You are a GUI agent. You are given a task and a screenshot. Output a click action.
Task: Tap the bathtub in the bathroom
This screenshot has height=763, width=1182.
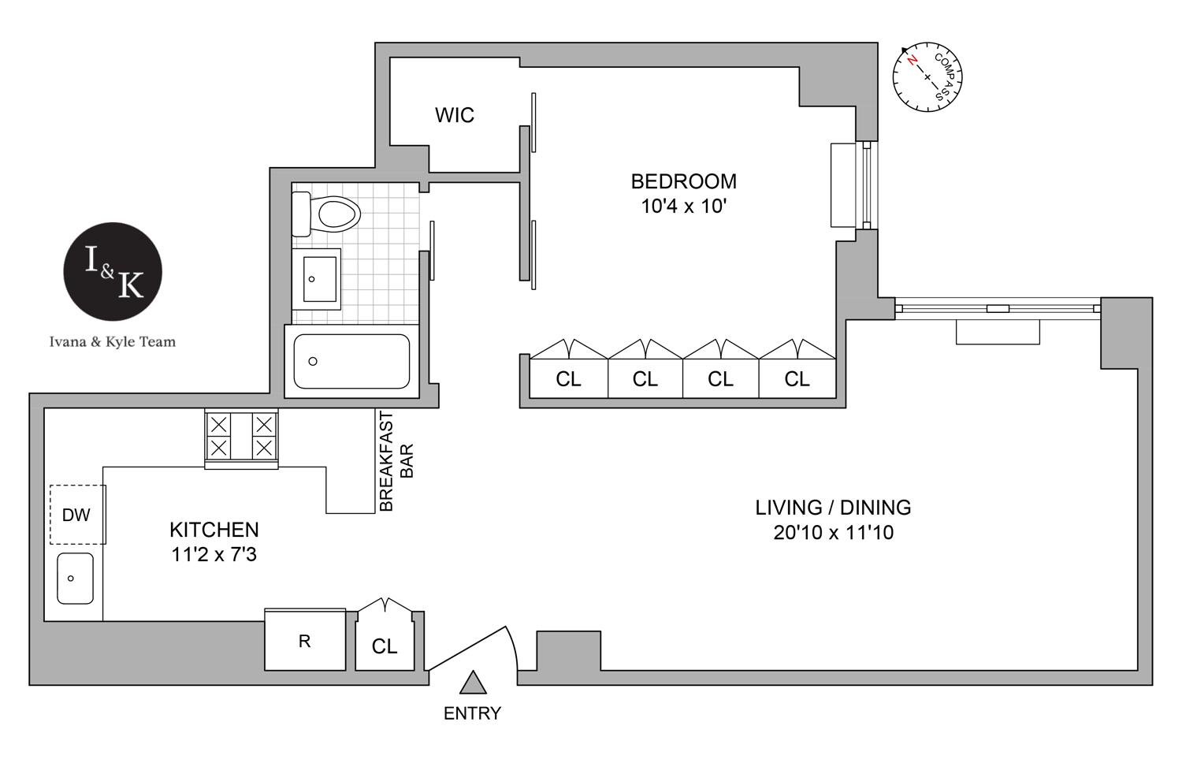(x=351, y=362)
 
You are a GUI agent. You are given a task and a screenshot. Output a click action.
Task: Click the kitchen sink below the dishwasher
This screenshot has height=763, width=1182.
(x=75, y=579)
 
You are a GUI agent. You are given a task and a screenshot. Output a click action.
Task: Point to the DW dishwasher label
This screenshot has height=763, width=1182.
(x=76, y=515)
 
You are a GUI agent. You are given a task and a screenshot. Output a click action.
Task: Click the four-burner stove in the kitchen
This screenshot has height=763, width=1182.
(x=241, y=437)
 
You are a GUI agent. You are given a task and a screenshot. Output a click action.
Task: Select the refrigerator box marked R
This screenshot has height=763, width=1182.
(x=305, y=641)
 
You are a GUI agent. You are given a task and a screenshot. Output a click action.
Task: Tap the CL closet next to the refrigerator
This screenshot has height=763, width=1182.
(x=385, y=646)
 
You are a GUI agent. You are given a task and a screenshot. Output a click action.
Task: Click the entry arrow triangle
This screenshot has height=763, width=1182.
(x=473, y=683)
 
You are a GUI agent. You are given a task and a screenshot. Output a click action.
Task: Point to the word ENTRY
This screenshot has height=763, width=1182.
(x=472, y=713)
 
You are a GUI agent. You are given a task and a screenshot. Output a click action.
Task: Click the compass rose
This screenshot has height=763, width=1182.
(x=927, y=77)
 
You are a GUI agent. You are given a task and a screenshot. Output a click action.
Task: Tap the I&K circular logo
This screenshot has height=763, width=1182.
(x=113, y=271)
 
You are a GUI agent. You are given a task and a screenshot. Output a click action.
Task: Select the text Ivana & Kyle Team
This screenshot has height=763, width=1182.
(x=113, y=342)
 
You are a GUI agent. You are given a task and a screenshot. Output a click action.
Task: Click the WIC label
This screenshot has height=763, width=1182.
(x=455, y=115)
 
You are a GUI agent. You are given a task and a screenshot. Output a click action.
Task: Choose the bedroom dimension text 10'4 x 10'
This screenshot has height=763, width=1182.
(x=683, y=207)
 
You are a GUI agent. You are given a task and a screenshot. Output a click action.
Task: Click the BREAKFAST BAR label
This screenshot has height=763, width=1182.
(x=396, y=461)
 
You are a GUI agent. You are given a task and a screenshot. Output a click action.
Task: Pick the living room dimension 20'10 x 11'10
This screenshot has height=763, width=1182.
(x=833, y=533)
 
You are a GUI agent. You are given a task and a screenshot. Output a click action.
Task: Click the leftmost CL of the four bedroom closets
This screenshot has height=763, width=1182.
(x=568, y=379)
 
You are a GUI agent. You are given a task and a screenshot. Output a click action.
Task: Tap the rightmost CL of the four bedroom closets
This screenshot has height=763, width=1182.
(x=797, y=379)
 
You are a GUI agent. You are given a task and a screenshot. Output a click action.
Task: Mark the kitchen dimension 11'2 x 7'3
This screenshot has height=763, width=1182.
(x=214, y=555)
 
